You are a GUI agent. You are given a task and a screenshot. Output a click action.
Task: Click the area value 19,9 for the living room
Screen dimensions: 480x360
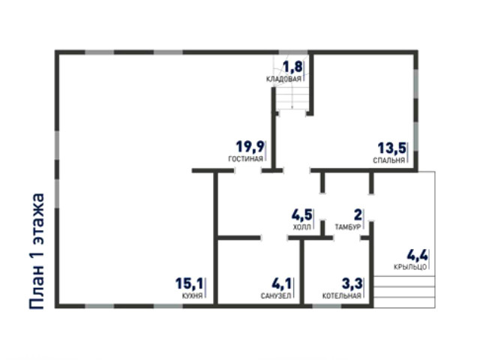250,147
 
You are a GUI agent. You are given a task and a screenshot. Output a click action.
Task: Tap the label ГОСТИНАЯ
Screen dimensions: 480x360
245,159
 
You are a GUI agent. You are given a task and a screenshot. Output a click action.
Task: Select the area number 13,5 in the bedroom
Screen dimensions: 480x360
391,148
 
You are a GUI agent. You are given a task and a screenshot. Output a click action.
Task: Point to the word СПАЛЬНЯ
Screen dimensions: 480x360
388,160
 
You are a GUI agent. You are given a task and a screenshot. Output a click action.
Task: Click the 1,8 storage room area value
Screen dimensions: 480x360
292,67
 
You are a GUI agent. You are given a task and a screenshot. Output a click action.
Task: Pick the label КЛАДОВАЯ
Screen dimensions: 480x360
283,79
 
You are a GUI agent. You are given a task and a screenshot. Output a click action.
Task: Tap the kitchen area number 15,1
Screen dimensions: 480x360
189,283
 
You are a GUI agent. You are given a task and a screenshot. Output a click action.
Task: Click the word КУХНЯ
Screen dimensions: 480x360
192,295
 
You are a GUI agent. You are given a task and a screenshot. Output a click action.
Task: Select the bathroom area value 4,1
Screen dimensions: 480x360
282,283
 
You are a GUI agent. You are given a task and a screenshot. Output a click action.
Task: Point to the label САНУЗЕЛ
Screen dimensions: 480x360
276,296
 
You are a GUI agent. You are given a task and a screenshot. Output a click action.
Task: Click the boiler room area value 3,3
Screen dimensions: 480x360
352,283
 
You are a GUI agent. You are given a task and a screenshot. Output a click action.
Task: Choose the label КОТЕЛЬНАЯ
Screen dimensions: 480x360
342,296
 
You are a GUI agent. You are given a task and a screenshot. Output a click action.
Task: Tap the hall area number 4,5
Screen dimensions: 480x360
301,215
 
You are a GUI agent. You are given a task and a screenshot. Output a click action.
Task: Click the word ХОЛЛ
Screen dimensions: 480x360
302,227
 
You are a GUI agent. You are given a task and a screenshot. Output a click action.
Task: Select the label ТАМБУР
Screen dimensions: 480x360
348,227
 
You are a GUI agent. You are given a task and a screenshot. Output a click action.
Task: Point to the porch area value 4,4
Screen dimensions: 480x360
417,255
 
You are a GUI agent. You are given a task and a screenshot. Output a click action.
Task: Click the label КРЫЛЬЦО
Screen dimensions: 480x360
410,267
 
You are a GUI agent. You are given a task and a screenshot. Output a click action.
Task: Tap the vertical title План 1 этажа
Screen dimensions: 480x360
37,251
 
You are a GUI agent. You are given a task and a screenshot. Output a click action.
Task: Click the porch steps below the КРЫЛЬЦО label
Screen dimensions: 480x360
404,292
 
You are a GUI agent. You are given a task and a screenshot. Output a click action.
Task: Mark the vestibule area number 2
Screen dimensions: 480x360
358,215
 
